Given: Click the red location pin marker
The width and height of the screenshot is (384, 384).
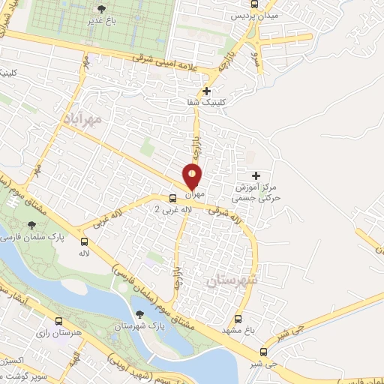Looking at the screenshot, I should (193, 177).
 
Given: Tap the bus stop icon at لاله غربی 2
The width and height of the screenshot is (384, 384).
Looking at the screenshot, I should (173, 199).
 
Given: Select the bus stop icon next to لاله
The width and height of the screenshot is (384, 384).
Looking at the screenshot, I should (84, 242).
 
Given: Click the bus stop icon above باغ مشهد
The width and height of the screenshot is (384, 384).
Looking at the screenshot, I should (238, 318).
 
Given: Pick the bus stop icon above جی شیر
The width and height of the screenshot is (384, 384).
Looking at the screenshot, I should (263, 351).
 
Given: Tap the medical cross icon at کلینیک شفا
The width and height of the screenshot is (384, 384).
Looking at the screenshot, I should (206, 91).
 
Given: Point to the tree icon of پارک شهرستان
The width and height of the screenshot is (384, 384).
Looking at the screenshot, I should (139, 314).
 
